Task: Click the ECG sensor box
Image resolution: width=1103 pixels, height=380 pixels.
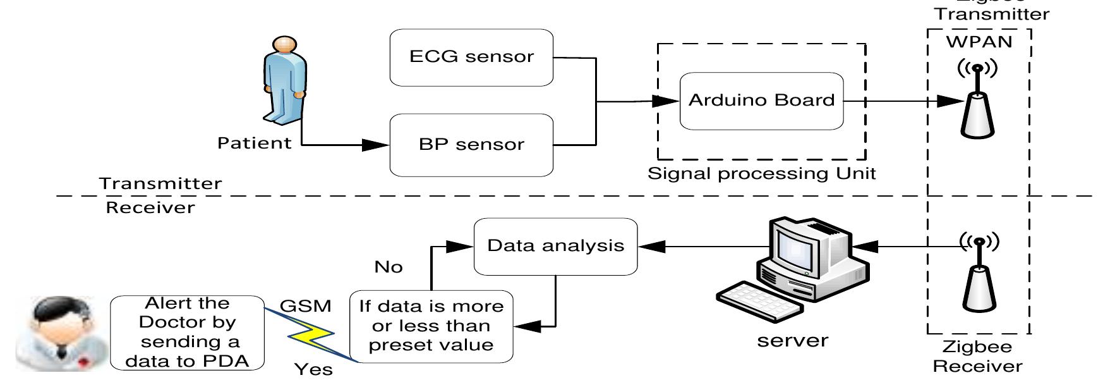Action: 471,57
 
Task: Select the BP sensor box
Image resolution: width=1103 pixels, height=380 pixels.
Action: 471,145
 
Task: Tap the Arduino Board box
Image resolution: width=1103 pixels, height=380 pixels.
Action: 761,101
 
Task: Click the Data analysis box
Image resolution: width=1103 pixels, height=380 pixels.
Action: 555,246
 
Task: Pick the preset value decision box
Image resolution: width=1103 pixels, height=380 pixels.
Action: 431,326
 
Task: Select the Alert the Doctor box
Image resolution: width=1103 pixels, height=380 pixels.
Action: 187,333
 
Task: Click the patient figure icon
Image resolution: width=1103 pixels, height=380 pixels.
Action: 284,79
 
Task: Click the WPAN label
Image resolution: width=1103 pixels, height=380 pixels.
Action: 979,42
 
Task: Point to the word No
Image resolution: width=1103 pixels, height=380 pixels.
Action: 388,267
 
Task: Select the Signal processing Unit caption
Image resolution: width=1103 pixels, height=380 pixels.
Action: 761,173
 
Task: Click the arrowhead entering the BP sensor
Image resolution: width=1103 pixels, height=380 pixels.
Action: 378,145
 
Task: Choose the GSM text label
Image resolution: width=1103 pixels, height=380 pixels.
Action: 305,307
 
